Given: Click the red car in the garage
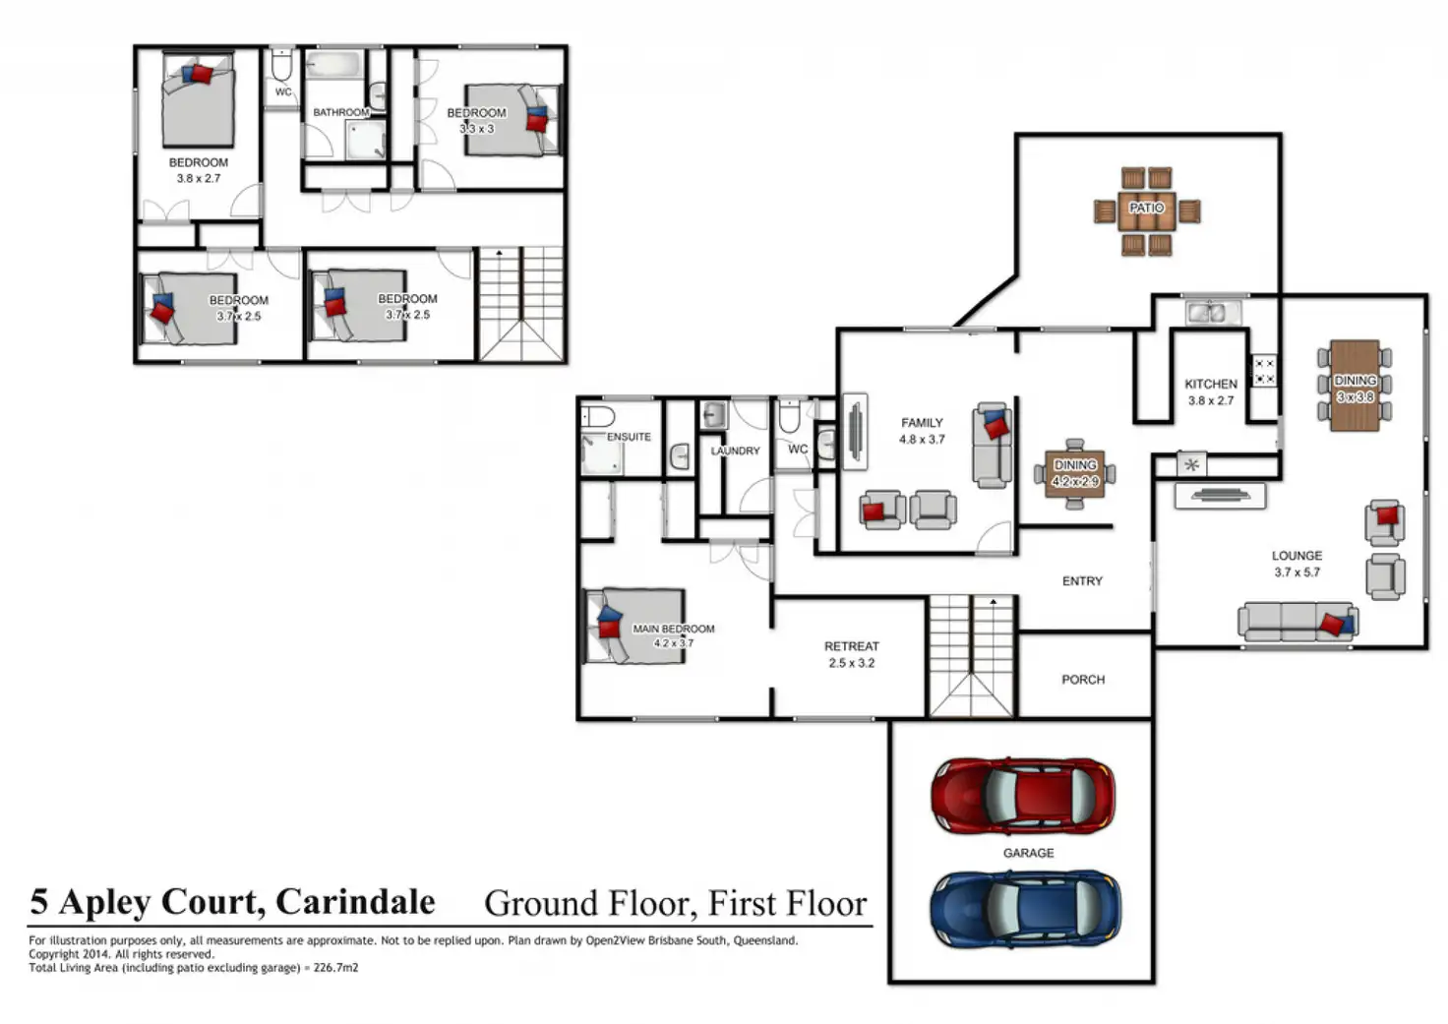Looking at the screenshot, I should click(1023, 796).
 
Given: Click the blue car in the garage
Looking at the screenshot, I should click(1025, 907).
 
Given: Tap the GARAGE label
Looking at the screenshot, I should click(1028, 853).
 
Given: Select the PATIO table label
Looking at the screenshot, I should click(1146, 208).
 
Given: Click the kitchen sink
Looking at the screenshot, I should click(1211, 313).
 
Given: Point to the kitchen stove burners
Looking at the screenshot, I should click(1263, 371).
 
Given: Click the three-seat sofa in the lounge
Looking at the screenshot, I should click(1297, 621).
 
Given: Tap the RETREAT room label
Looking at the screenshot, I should click(851, 646).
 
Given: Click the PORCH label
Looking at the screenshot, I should click(1082, 680).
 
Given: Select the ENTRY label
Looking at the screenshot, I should click(1082, 581).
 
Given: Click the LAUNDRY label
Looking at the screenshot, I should click(735, 451).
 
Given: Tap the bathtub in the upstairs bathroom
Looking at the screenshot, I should click(334, 67).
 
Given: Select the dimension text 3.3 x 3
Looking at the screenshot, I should click(477, 129).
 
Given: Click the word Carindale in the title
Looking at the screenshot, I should click(355, 901).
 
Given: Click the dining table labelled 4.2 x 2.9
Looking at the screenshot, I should click(1074, 473).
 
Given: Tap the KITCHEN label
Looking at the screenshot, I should click(1210, 384).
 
